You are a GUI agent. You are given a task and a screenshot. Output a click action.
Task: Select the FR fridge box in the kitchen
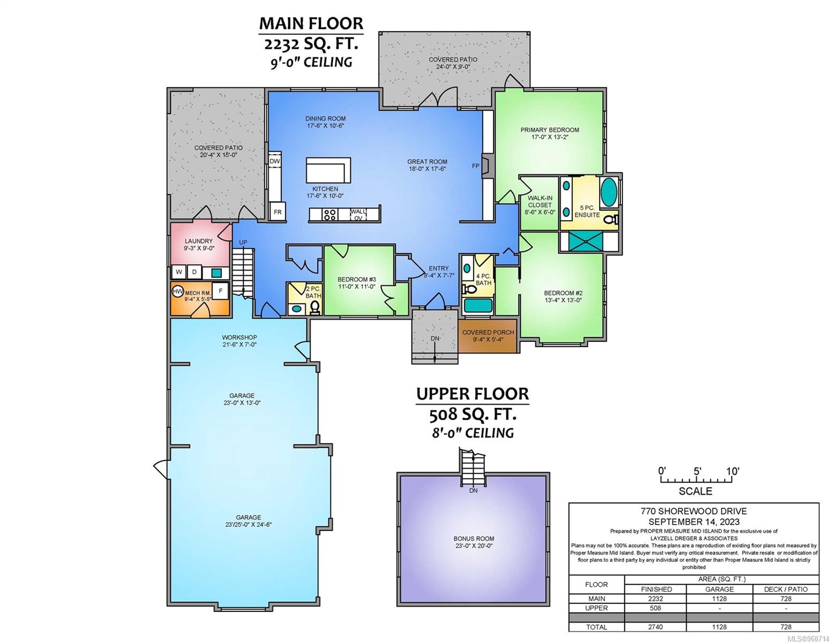tap(278, 212)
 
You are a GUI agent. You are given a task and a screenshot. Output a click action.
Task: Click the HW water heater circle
tap(178, 292)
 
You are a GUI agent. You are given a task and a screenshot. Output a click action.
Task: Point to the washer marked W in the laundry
tap(179, 272)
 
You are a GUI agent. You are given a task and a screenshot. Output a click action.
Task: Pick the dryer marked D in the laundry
tap(194, 272)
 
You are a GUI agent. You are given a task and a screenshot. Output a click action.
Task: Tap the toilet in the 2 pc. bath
tap(314, 307)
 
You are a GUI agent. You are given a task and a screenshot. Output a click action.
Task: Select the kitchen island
tap(328, 170)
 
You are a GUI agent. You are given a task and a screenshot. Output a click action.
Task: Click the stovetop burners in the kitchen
tap(329, 215)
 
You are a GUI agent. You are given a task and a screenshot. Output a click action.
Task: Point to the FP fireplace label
tap(476, 166)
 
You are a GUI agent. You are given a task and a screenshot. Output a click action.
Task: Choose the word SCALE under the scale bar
tap(695, 491)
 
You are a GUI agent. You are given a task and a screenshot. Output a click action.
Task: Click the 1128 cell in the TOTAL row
tap(719, 627)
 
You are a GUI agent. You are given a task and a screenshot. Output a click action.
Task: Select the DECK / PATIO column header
tap(786, 589)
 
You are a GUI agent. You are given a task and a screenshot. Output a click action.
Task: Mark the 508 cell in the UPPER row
tap(655, 608)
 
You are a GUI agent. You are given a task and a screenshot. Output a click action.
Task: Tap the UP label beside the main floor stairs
tap(243, 242)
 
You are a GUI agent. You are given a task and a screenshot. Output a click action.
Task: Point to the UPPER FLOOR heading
tap(473, 394)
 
